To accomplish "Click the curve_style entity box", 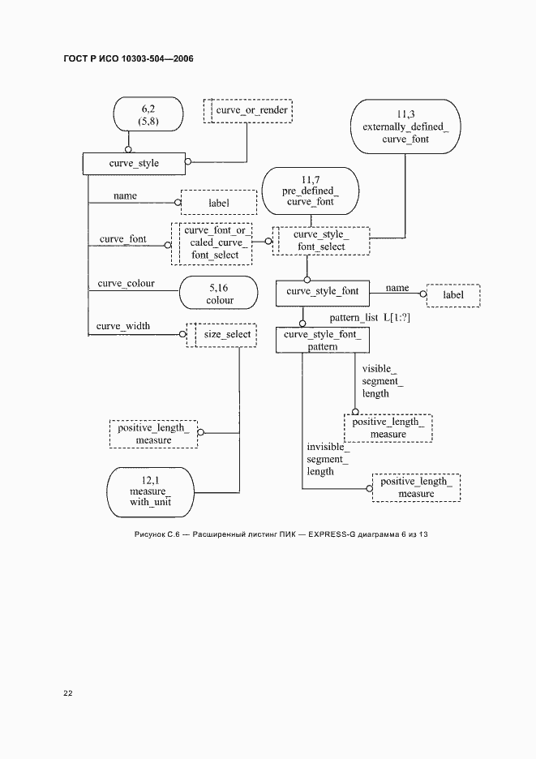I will point(134,163).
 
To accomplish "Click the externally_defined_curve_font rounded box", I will point(405,127).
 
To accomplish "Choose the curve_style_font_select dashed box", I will point(320,241).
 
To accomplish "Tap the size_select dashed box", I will point(222,334).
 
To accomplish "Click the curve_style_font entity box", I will point(322,293).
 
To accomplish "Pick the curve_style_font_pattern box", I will point(322,340).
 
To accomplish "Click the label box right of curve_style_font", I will point(452,295).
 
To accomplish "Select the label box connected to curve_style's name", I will point(218,203).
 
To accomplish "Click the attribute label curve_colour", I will point(126,283).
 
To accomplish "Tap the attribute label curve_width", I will point(123,326).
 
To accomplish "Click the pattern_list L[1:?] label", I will point(370,318).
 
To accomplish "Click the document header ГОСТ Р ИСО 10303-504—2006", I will point(128,59).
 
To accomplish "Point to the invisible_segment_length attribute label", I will point(327,459).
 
